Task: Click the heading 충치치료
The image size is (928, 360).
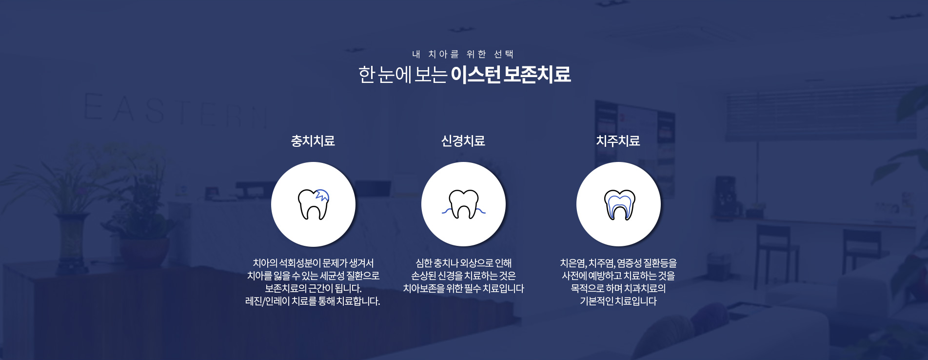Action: [x=313, y=141]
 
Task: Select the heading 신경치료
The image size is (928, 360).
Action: [x=463, y=141]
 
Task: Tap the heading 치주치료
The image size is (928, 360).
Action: [x=618, y=141]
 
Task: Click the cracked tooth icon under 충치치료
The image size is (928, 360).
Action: [x=313, y=204]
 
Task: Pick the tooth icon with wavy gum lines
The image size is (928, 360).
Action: [x=463, y=204]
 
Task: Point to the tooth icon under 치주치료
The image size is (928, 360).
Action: [x=619, y=204]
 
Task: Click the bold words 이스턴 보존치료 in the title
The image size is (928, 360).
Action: [x=511, y=75]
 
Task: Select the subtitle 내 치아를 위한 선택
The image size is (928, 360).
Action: [x=463, y=54]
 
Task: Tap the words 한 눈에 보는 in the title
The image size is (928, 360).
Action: [x=402, y=75]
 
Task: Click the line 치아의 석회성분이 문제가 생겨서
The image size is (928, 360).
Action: [x=313, y=263]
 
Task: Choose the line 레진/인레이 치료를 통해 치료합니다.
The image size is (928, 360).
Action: [x=313, y=301]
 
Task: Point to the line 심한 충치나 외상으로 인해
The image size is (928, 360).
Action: [x=463, y=263]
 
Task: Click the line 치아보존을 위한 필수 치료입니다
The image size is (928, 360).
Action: [x=463, y=289]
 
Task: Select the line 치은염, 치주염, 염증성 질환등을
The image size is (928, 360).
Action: [x=618, y=263]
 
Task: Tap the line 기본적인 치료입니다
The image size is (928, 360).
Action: [x=618, y=301]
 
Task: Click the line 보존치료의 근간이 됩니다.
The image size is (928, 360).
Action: [x=313, y=289]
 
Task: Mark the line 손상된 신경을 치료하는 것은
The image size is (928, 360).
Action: [x=463, y=276]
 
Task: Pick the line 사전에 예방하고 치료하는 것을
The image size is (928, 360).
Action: [x=618, y=276]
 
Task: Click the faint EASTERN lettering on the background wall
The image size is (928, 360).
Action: [x=176, y=110]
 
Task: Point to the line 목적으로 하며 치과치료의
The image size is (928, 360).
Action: [x=618, y=289]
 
